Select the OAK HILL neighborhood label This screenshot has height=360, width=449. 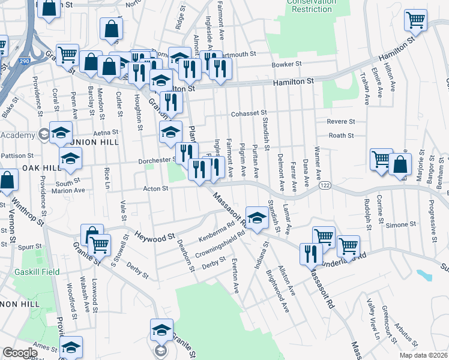(41, 168)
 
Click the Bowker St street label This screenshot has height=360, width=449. (286, 64)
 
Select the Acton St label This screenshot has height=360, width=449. (155, 188)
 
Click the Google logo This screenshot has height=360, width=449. (20, 353)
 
